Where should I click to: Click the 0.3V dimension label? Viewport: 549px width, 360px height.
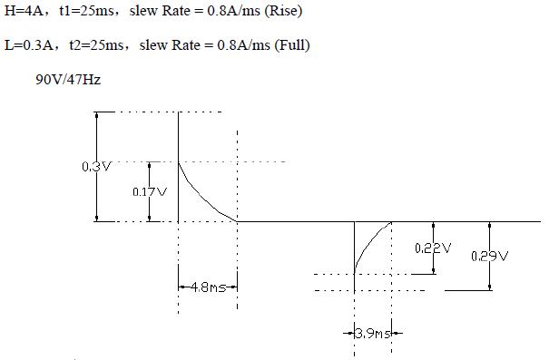96,167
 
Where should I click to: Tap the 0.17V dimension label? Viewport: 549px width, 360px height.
150,191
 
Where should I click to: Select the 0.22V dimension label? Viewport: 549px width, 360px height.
433,248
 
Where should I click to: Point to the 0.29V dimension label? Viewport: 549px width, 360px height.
489,257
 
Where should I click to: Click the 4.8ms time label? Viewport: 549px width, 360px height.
209,287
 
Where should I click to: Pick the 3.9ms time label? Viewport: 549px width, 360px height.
373,334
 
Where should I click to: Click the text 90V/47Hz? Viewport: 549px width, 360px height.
68,80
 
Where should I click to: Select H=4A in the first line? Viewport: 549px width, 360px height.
24,11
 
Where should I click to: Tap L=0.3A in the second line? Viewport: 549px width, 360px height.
29,45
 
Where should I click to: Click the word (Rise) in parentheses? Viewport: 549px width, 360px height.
283,11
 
